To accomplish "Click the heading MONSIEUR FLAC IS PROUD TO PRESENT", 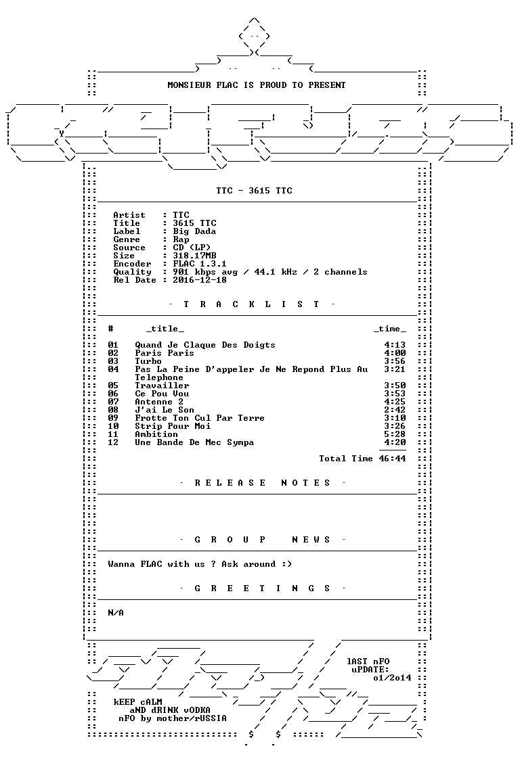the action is (257, 85).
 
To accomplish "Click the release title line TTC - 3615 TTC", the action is (254, 191).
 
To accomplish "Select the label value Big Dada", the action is (194, 231).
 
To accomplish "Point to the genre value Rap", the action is (181, 239).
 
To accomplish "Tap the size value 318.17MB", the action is (194, 256).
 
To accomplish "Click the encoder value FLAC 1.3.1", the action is (200, 264).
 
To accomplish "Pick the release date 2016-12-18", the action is (200, 280).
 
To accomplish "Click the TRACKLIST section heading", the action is (251, 304).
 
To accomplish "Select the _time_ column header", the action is (389, 329).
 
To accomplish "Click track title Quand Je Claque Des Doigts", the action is (205, 345).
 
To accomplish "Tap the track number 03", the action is (113, 361).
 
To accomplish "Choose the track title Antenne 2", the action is (159, 402).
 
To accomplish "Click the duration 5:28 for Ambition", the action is (395, 434).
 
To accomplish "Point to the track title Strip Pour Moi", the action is (173, 426).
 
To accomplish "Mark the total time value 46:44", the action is (393, 459).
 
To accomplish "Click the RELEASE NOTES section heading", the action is (262, 483).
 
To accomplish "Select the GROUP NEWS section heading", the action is (262, 540).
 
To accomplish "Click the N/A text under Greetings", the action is (116, 613).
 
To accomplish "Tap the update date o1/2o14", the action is (393, 678).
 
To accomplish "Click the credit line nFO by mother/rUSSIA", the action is (173, 718).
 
